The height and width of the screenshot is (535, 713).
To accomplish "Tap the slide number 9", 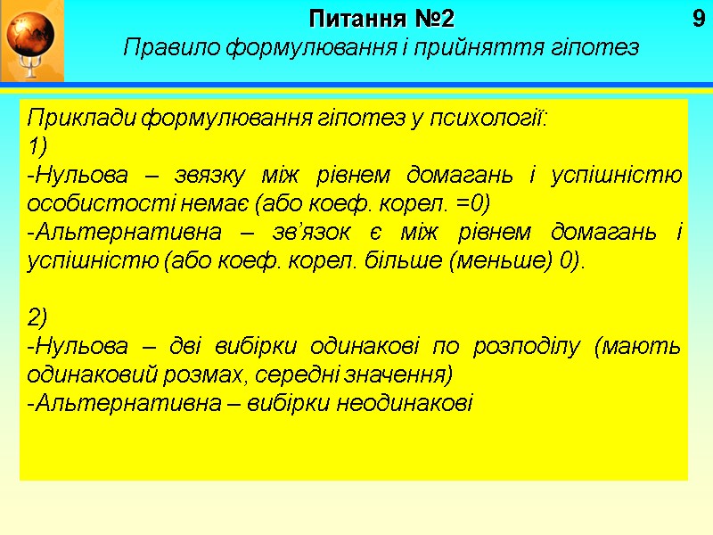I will point(698,18).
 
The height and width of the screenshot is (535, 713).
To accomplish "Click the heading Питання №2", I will point(381,18).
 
